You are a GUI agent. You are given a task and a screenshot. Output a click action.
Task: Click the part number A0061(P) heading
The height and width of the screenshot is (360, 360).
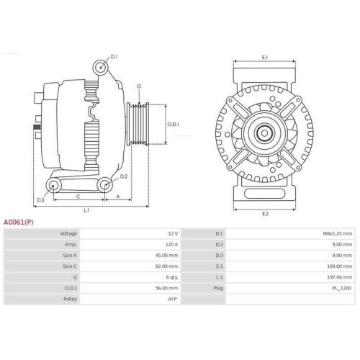(19, 222)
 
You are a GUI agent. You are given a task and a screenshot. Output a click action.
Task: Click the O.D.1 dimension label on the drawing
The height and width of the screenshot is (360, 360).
(174, 124)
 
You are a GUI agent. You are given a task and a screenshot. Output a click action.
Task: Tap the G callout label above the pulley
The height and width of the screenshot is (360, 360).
(139, 86)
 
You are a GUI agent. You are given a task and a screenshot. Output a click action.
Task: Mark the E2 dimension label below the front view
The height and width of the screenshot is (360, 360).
(265, 214)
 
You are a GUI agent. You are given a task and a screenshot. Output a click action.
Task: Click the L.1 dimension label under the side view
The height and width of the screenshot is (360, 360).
(86, 210)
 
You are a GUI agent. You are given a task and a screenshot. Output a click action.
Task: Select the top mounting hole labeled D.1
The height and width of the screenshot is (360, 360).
(101, 68)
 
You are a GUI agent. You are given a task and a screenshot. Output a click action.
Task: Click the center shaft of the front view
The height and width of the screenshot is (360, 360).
(265, 133)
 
